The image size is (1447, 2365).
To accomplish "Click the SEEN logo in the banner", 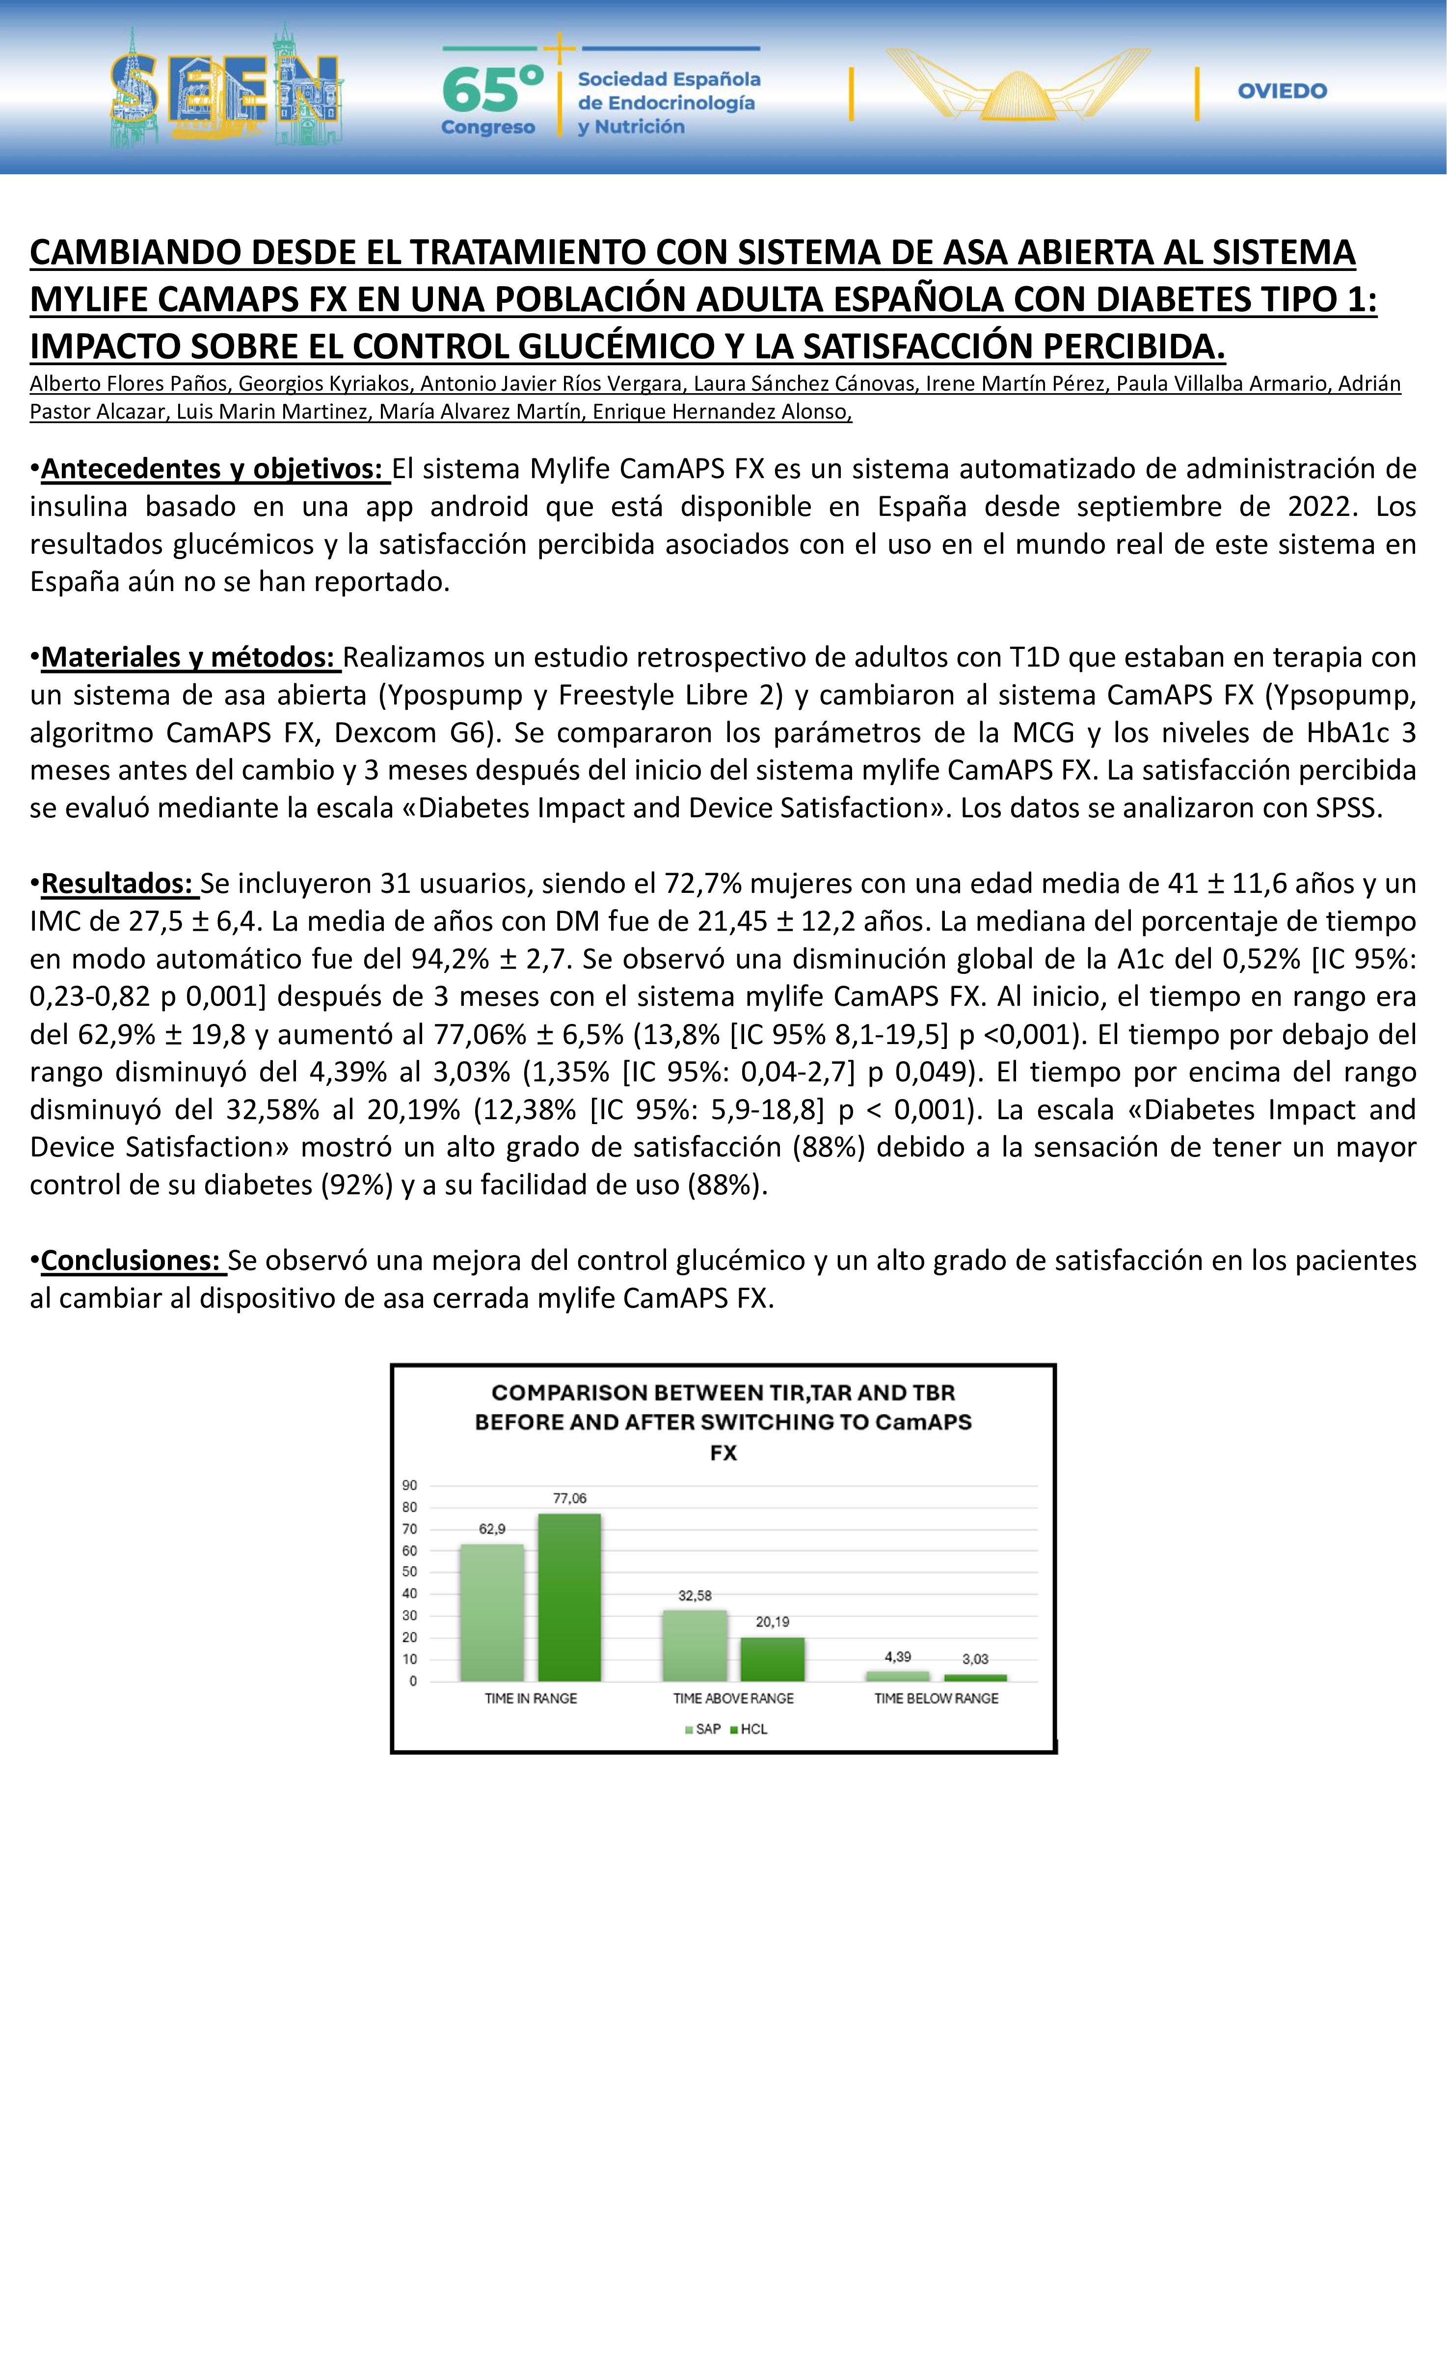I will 225,88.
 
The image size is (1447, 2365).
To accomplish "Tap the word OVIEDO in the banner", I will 1282,91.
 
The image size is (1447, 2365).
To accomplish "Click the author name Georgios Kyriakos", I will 324,384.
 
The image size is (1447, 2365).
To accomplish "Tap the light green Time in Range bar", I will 492,1612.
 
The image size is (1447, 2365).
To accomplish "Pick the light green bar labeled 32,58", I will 695,1646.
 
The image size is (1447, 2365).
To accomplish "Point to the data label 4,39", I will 898,1657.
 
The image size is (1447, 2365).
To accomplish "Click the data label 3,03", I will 975,1659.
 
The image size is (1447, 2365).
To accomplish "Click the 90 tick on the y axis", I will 410,1485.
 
